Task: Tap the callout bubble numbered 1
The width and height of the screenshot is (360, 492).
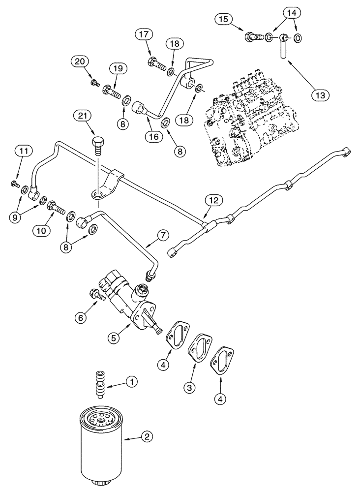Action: click(131, 381)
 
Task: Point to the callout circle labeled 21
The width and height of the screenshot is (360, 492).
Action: click(83, 116)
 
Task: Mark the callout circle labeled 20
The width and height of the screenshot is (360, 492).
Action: click(79, 61)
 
